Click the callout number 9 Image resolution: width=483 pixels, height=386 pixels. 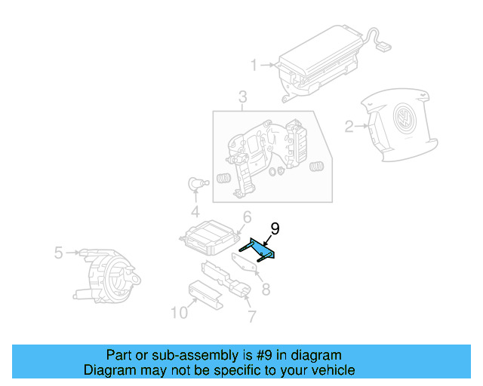coord(275,228)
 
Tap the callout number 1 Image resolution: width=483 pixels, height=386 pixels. coord(254,65)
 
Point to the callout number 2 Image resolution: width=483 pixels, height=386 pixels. coord(349,127)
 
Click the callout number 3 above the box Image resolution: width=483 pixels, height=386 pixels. coord(242,97)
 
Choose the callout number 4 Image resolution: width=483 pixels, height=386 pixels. coord(195,210)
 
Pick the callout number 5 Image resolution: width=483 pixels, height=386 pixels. coord(58,253)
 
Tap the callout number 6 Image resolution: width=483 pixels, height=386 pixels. coord(246,218)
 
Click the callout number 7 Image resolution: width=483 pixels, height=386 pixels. coord(251,315)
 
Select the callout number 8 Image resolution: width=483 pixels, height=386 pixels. coord(264,288)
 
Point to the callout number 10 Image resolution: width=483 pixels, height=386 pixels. coord(178,312)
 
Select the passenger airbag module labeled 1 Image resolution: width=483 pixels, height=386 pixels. coord(321,61)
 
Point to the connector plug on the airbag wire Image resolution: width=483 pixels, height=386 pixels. coord(385,45)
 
